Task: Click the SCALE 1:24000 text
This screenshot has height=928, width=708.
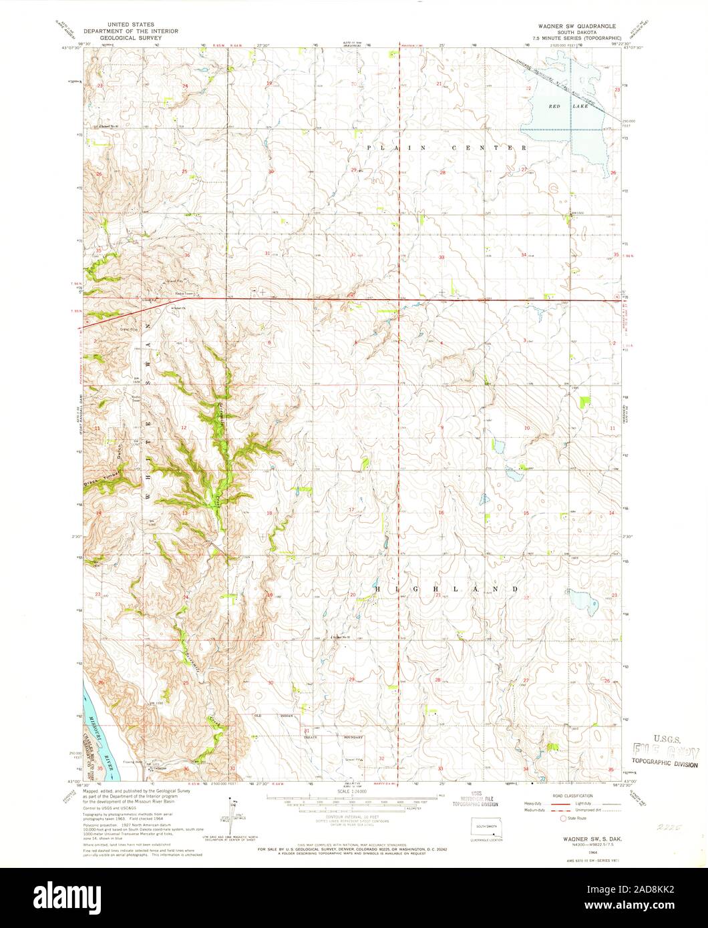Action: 354,790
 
